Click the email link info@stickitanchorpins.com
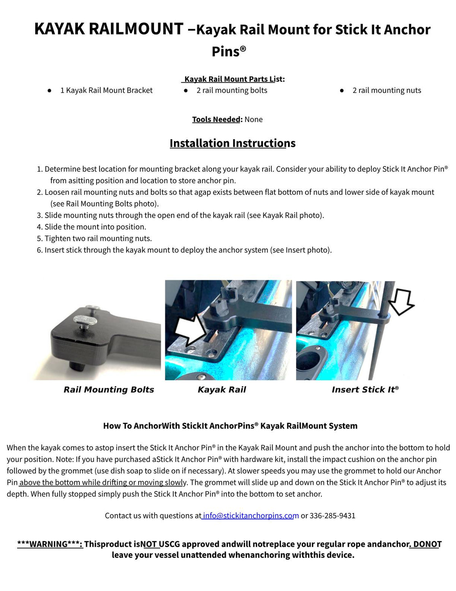coord(250,516)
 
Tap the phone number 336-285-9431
coord(332,516)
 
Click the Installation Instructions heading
coord(232,143)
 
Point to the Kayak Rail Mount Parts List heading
coord(233,79)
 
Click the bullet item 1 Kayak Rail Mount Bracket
coord(106,91)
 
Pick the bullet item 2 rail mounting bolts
coord(231,91)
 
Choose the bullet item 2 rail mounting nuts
coord(386,91)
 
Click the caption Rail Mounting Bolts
coord(109,390)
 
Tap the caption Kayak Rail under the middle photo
coord(222,390)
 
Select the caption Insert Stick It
coord(364,390)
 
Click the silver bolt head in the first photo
coord(85,320)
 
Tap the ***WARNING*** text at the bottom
coord(50,544)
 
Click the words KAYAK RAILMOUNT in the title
coord(109,29)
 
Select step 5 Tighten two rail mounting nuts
coord(98,239)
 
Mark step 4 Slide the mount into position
coord(95,227)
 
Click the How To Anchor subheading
coord(230,426)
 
